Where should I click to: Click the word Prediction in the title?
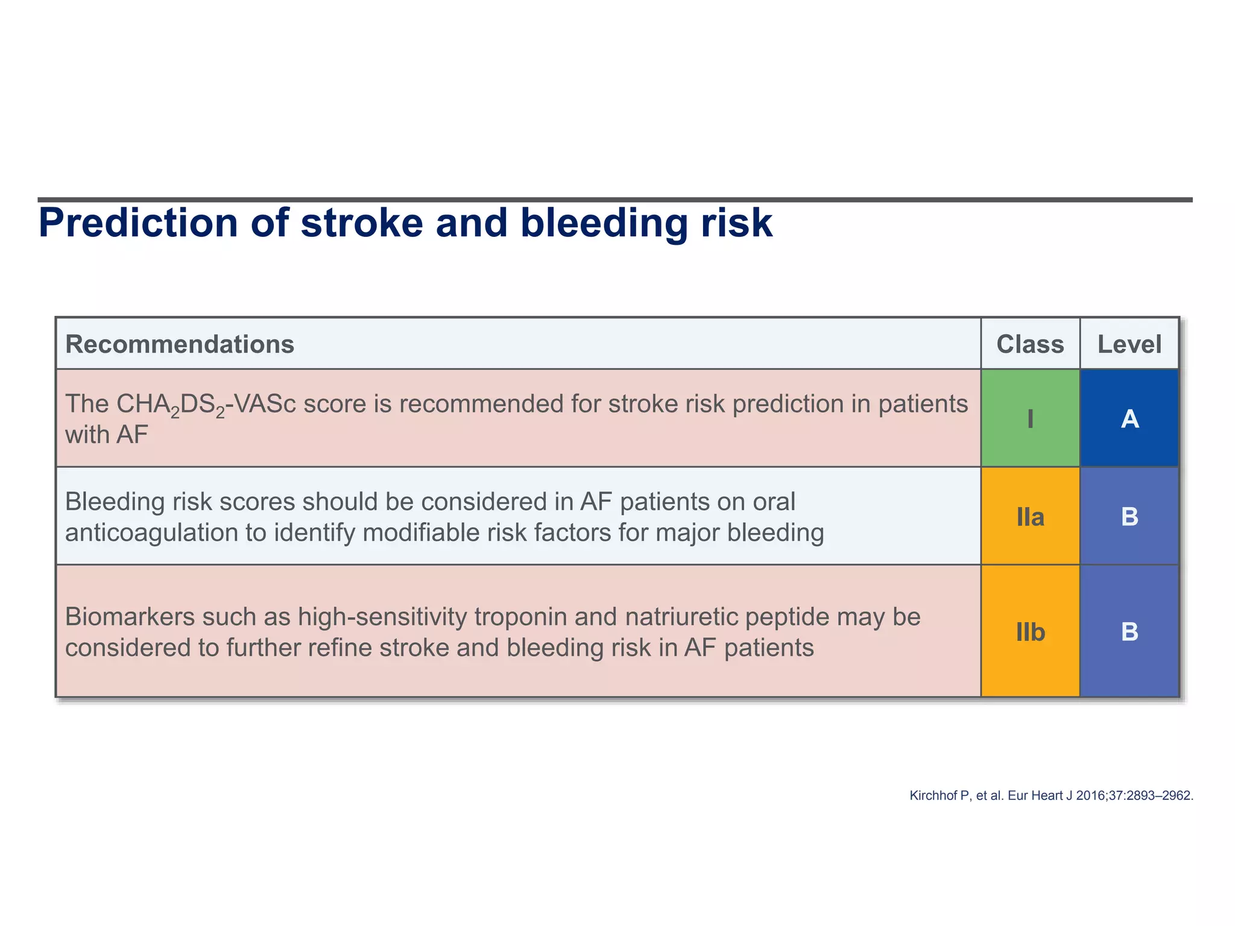tap(139, 223)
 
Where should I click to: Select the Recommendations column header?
tap(180, 344)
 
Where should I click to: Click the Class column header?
tap(1030, 344)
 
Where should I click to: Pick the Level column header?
tap(1129, 344)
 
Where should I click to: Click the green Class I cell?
tap(1030, 418)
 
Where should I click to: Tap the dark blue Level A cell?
tap(1129, 418)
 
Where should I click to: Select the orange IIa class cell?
tap(1030, 517)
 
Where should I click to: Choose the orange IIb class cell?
tap(1030, 632)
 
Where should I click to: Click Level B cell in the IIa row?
tap(1129, 517)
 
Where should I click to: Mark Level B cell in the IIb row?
tap(1129, 632)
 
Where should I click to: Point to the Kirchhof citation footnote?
tap(1051, 796)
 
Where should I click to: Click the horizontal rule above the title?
tap(615, 200)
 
